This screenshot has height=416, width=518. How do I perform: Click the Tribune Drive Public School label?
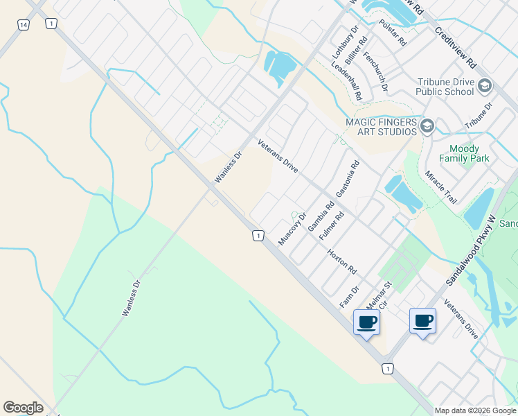tap(445, 86)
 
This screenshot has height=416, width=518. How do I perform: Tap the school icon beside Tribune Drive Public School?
tap(485, 86)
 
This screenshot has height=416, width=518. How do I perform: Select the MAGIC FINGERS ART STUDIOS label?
tap(382, 127)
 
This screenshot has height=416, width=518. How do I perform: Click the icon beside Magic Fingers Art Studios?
tap(427, 125)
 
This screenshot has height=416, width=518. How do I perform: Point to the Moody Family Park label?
tap(469, 153)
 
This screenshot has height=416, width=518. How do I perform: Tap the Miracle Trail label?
tap(440, 187)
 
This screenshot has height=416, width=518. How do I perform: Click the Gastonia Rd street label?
tap(348, 179)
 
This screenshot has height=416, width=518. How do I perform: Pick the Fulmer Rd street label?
tap(331, 227)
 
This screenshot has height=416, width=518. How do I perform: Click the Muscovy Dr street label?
tap(292, 228)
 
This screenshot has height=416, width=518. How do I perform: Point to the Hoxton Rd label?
tap(341, 261)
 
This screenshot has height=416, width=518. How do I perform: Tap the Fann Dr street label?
tap(349, 297)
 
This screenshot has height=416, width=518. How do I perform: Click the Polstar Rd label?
tap(393, 32)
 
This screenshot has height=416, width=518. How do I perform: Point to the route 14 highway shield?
tap(24, 24)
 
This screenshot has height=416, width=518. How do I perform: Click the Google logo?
tap(23, 408)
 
